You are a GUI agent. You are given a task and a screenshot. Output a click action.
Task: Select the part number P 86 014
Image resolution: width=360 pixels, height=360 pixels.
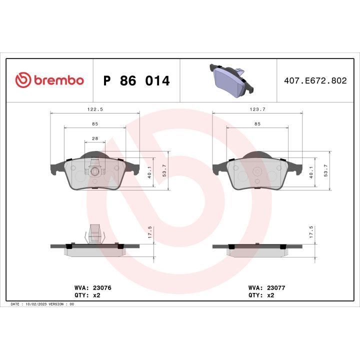pos(136,80)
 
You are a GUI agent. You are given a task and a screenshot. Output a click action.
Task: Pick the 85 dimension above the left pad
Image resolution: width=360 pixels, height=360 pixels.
pos(94,123)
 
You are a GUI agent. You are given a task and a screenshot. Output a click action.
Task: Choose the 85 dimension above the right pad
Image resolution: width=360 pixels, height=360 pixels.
pos(257,123)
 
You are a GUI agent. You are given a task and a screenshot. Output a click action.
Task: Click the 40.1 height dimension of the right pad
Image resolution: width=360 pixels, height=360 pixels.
pos(312,170)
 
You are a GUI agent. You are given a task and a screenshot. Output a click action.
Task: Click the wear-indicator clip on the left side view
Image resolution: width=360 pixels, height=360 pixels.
pos(95,233)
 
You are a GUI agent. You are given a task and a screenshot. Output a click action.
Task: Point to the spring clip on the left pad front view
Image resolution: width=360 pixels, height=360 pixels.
pos(95,165)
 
